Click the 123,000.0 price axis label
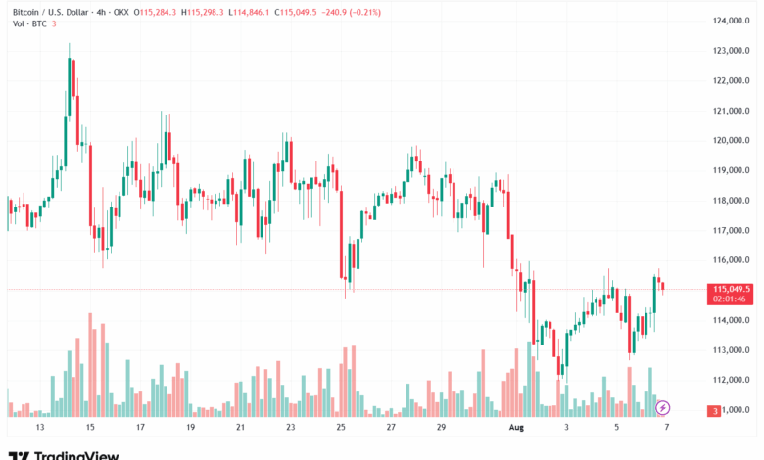click(x=731, y=50)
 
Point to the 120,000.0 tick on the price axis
click(x=731, y=140)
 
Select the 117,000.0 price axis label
click(x=731, y=230)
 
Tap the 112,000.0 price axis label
click(x=731, y=380)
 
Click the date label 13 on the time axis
click(x=39, y=428)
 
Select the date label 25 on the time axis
click(x=340, y=428)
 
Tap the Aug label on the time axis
click(x=517, y=428)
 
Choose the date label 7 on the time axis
click(x=666, y=428)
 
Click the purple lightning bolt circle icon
click(x=663, y=407)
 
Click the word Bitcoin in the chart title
click(x=24, y=12)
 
